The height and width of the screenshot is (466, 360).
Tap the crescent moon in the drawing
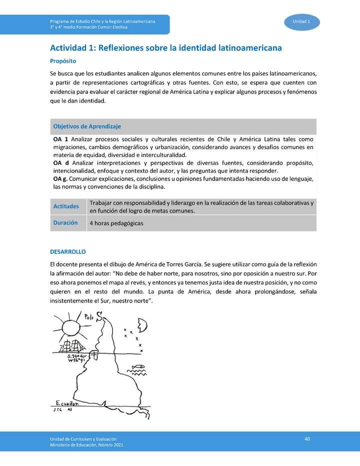click(143, 325)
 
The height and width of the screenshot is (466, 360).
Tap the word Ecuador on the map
click(67, 403)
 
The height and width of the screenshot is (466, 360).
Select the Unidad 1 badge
click(301, 21)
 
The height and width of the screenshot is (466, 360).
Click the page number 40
click(307, 438)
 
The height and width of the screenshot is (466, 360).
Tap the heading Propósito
click(62, 61)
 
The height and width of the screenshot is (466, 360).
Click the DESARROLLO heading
click(68, 251)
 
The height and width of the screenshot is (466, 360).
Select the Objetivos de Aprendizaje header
click(87, 126)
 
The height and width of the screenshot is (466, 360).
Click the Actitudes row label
click(66, 206)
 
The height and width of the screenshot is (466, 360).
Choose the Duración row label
click(65, 223)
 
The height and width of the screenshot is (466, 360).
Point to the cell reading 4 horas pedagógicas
click(116, 223)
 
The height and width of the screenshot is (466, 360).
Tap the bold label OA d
click(60, 163)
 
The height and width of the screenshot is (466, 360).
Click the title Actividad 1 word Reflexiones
click(125, 48)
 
